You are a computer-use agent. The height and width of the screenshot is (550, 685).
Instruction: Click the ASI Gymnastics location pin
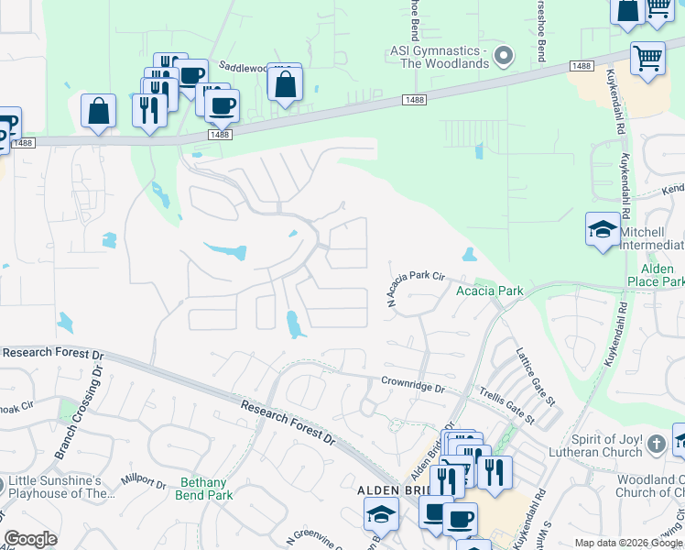click(x=503, y=57)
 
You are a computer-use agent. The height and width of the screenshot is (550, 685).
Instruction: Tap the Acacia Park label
click(x=490, y=291)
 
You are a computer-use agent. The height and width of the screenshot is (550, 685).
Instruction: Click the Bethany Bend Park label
click(x=202, y=489)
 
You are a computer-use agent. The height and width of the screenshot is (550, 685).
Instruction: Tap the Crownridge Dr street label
click(x=412, y=384)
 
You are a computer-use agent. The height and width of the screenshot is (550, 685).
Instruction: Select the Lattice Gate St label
click(x=536, y=376)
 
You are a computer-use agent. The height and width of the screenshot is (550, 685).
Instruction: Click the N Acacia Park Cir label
click(x=414, y=286)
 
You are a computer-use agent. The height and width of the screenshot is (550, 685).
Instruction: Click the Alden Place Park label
click(x=656, y=275)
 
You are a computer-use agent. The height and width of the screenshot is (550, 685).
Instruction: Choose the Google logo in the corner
click(x=31, y=539)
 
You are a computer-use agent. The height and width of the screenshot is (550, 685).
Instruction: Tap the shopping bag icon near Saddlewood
click(x=285, y=83)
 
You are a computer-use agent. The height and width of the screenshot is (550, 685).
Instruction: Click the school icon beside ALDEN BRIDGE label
click(x=381, y=514)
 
